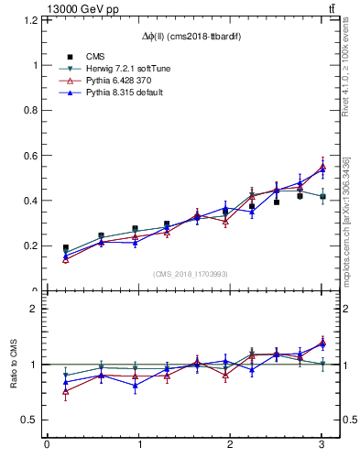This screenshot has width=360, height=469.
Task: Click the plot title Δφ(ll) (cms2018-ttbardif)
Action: (191, 37)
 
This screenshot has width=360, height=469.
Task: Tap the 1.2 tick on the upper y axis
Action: (34, 20)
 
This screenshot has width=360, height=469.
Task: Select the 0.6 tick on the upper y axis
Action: (34, 156)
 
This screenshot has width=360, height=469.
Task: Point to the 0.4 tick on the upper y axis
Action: (34, 201)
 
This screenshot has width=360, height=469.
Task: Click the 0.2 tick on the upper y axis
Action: (34, 245)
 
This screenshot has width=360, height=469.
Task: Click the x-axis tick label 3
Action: (322, 445)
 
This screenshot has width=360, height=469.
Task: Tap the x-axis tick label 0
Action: (47, 445)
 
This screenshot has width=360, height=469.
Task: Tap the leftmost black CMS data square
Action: (65, 248)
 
